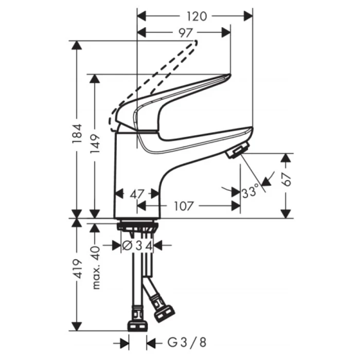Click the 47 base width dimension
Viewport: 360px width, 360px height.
(x=136, y=194)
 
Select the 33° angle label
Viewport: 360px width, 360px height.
(x=251, y=193)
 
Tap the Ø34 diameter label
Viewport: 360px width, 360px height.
(x=136, y=246)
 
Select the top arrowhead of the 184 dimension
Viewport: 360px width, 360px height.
(x=77, y=44)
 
